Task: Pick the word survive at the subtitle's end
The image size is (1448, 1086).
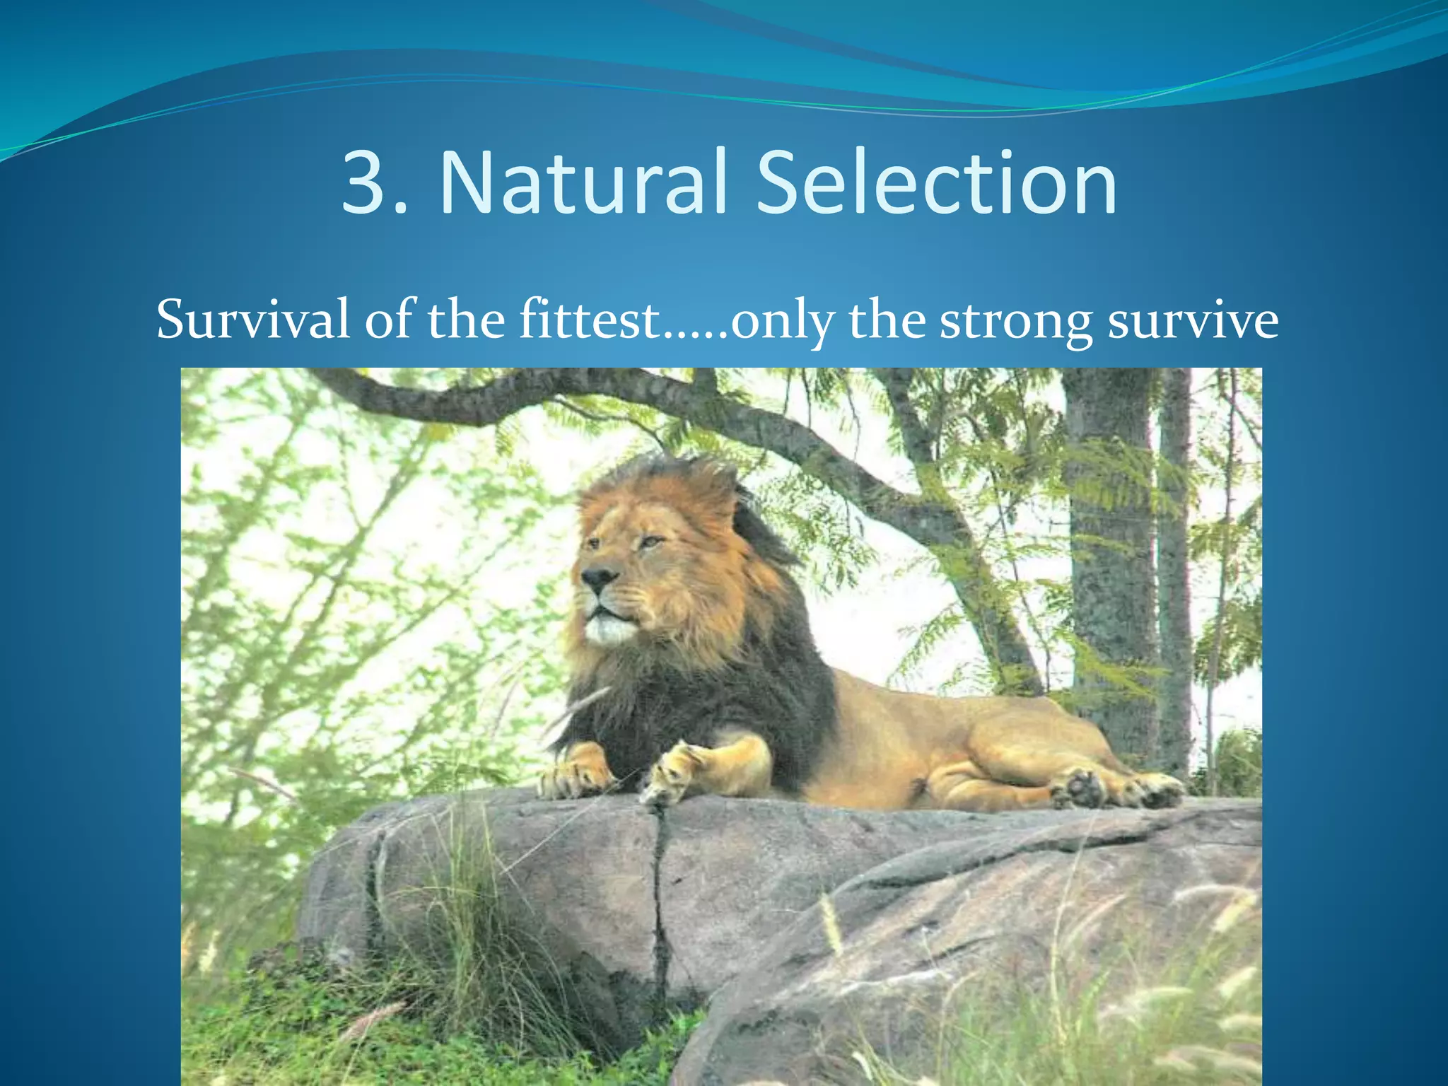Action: [1193, 320]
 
